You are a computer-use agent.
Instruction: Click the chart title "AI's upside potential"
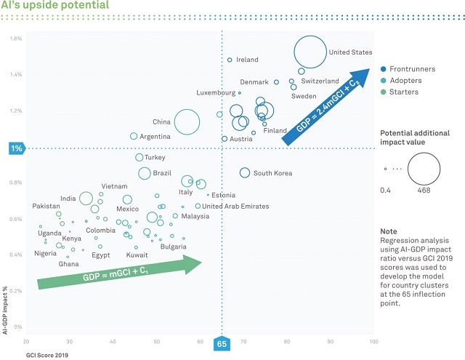55,7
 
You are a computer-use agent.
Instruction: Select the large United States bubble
310,53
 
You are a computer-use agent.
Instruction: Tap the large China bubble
187,122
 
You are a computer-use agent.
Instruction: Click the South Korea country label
272,173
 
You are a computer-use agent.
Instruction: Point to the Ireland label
248,60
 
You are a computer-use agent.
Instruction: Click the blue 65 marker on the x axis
222,343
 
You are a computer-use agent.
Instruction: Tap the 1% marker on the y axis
15,148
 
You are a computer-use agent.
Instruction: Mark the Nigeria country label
45,254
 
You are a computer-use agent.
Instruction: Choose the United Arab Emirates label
235,207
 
